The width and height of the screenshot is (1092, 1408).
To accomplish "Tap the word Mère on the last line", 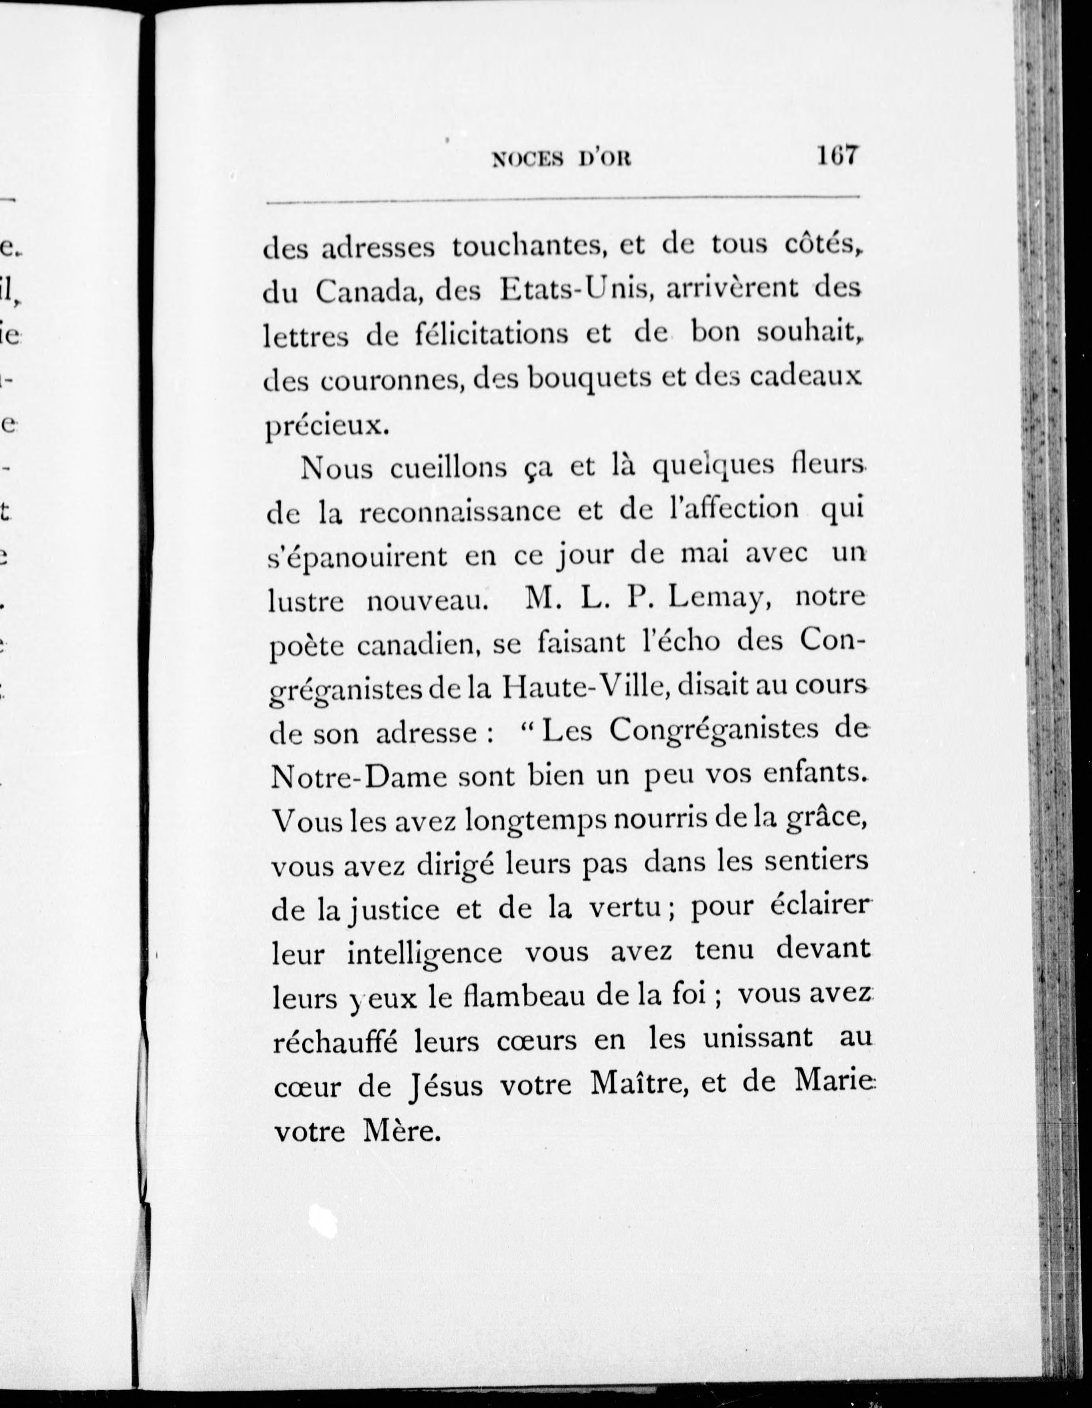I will click(x=401, y=1131).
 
